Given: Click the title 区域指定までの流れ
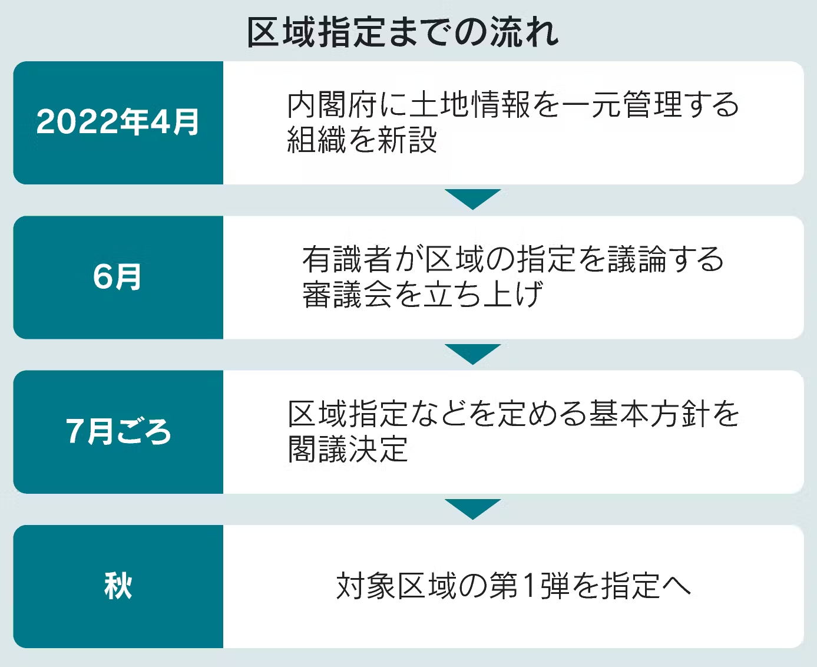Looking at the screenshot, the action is pyautogui.click(x=403, y=32).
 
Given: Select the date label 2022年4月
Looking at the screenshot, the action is pyautogui.click(x=118, y=122).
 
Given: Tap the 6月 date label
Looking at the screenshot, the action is pyautogui.click(x=117, y=277).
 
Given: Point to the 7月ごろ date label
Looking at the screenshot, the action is pyautogui.click(x=118, y=431).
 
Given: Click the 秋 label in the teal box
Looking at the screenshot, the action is pyautogui.click(x=118, y=586).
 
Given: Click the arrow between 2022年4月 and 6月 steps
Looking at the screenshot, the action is pyautogui.click(x=472, y=199).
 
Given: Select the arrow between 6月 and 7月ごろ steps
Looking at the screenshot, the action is pyautogui.click(x=472, y=354).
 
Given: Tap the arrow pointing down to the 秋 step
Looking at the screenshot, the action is pyautogui.click(x=472, y=508).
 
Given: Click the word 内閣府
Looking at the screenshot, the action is pyautogui.click(x=332, y=105).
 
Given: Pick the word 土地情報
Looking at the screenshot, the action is pyautogui.click(x=469, y=105).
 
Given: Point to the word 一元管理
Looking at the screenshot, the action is pyautogui.click(x=622, y=105).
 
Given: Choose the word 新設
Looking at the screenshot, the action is pyautogui.click(x=407, y=140).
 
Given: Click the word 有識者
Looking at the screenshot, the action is pyautogui.click(x=347, y=259).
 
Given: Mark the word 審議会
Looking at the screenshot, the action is pyautogui.click(x=347, y=294).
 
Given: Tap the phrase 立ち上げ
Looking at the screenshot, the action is pyautogui.click(x=483, y=294).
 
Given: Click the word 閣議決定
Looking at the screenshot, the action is pyautogui.click(x=348, y=449).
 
